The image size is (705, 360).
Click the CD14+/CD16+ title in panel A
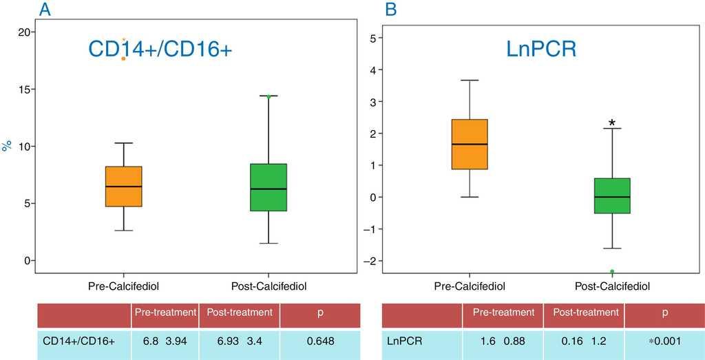(160, 49)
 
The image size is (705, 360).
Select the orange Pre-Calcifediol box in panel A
(124, 187)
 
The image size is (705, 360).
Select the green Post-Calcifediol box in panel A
(269, 187)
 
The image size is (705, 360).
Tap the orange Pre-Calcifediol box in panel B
(470, 144)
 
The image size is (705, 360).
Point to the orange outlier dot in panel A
(123, 59)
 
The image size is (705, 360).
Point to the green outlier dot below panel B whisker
(612, 272)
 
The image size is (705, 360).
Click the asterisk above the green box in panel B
(612, 123)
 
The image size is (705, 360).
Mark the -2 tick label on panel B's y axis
(370, 261)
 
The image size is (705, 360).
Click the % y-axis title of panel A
(7, 146)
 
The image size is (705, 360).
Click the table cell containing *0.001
(664, 340)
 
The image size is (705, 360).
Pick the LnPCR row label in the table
(405, 340)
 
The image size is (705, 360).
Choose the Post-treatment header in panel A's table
(239, 313)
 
